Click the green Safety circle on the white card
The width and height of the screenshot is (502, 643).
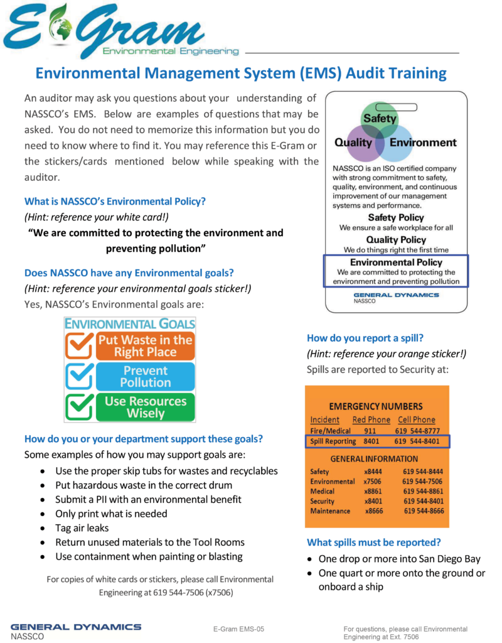380,117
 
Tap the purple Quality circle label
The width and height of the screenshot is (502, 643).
353,143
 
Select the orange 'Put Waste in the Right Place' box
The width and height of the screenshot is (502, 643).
145,346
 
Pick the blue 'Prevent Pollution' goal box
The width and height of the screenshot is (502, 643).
145,376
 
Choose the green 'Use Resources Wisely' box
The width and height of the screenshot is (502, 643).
145,407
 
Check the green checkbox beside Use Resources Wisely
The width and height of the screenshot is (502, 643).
80,407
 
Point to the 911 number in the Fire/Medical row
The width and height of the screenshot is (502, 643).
370,431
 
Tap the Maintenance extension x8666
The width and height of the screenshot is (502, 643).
375,511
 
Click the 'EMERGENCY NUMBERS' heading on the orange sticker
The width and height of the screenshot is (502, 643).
376,406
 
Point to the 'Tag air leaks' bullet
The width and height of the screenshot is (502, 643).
82,527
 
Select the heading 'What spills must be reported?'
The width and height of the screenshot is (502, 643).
374,542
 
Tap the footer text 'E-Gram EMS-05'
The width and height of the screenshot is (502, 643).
239,629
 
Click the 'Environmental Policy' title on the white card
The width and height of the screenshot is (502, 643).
396,262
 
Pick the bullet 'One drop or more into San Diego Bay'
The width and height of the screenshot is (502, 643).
400,559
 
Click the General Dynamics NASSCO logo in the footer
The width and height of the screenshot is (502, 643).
75,630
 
